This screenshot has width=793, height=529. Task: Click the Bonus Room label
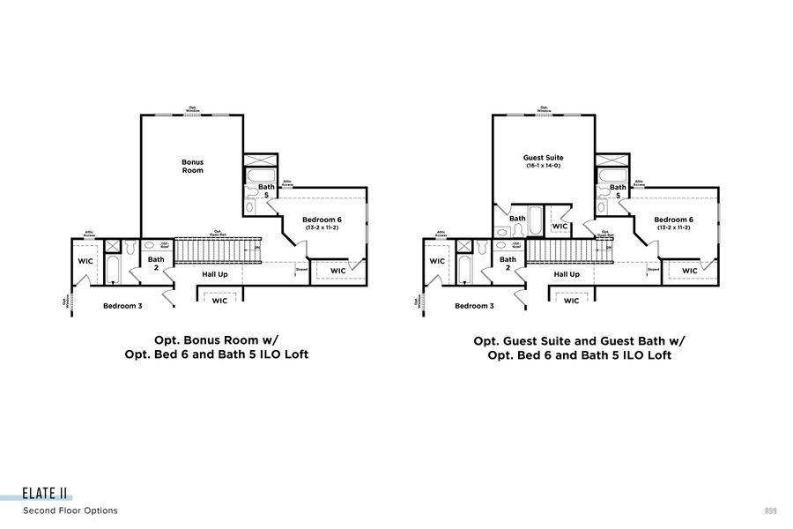coord(192,166)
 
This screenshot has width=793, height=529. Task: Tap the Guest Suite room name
coord(544,158)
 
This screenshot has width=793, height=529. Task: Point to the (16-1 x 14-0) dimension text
coord(544,166)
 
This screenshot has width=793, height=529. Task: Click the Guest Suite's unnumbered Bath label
coord(517,218)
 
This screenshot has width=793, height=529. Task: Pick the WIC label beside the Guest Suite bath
coord(560,227)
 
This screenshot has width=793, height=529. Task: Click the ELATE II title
coord(46,495)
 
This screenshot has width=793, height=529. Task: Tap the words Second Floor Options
coord(70,510)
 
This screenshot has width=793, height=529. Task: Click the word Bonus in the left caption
coord(200,339)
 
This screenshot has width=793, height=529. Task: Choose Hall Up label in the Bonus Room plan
coord(215,274)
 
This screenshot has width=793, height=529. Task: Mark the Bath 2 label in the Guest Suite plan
coord(508,263)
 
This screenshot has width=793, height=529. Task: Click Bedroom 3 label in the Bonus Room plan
coord(122,306)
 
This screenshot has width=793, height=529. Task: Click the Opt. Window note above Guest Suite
coord(544,109)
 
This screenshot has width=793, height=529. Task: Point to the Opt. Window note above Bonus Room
coord(192,109)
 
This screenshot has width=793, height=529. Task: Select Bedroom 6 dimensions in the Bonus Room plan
coord(322,227)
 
